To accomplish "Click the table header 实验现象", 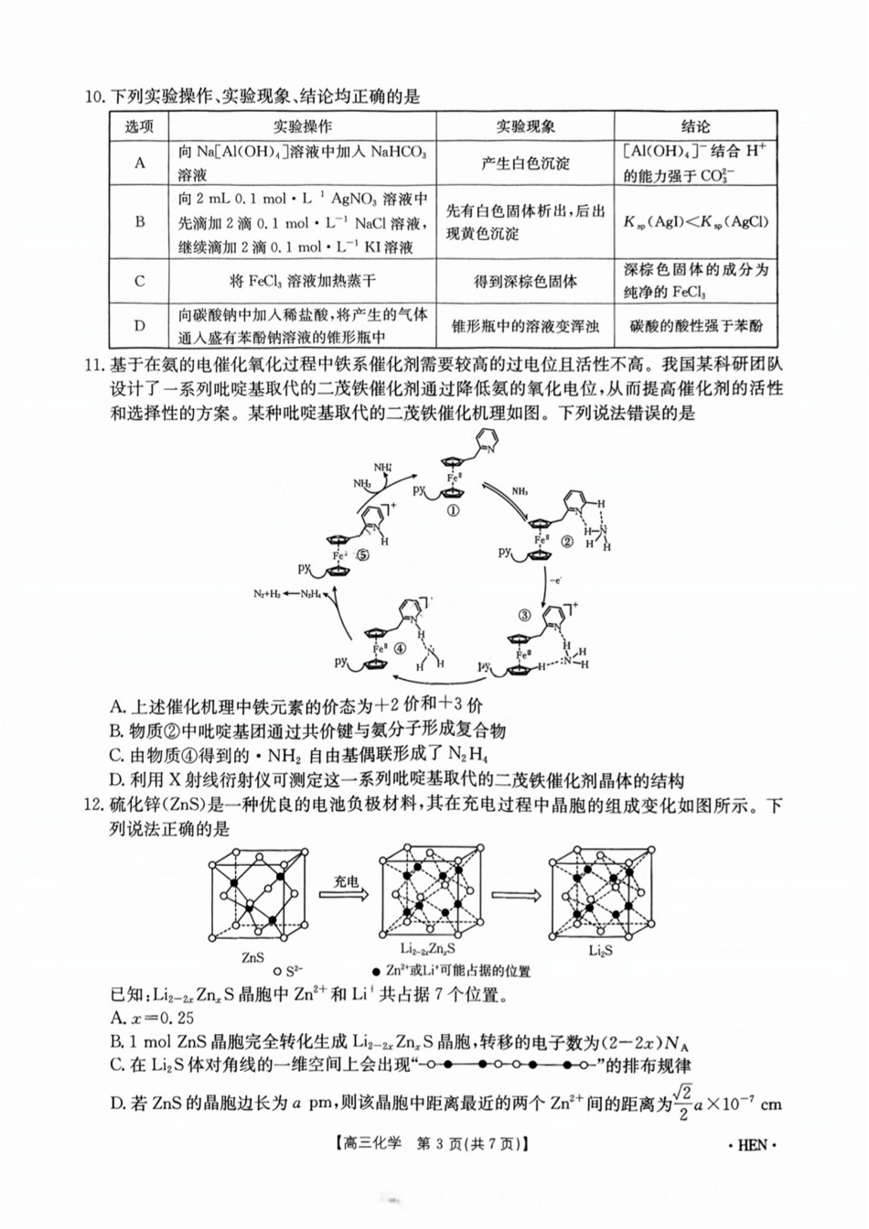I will coord(525,127).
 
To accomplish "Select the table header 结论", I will coord(695,127).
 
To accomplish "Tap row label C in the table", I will coord(140,281).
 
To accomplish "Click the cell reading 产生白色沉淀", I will coord(525,163).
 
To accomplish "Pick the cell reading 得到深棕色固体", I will coord(525,281).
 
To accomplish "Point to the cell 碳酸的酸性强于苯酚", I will coord(695,325).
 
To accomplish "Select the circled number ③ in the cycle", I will coord(524,616).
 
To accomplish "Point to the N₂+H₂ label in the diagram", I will coord(267,595).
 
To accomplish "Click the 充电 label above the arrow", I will coord(346,882).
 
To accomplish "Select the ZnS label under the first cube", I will coord(253,957).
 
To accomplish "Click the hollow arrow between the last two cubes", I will coord(513,898).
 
